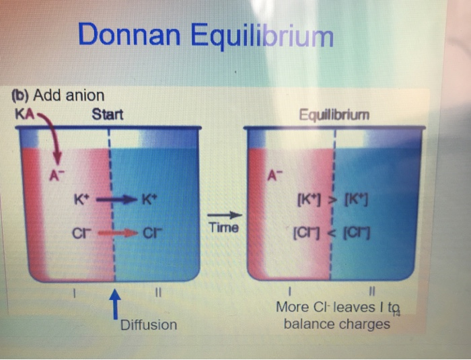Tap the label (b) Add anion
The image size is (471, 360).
59,96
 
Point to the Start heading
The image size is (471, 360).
108,114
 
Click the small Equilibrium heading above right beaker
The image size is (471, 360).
336,114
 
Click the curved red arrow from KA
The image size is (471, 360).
52,137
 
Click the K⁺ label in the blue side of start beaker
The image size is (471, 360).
149,200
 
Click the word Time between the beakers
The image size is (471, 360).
224,228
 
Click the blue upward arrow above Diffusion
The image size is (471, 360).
116,302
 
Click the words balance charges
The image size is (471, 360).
336,324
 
